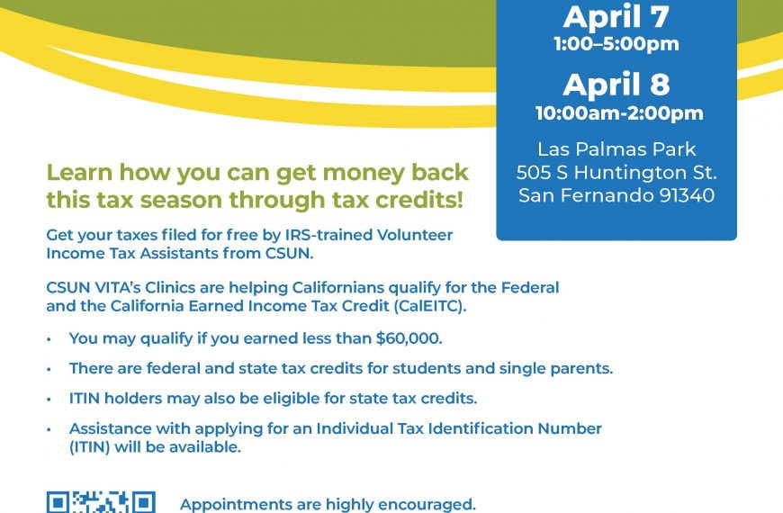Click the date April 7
(x=616, y=17)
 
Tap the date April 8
(x=616, y=84)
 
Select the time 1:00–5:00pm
(x=616, y=44)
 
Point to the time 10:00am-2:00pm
(x=619, y=113)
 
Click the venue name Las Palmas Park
(x=616, y=148)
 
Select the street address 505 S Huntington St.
(x=616, y=172)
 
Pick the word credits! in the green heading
(x=419, y=200)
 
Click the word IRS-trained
(x=328, y=235)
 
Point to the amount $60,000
(x=408, y=338)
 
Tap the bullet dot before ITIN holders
(x=49, y=399)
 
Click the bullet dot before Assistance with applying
(x=49, y=429)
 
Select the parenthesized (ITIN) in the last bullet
(x=89, y=447)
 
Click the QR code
(x=101, y=502)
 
